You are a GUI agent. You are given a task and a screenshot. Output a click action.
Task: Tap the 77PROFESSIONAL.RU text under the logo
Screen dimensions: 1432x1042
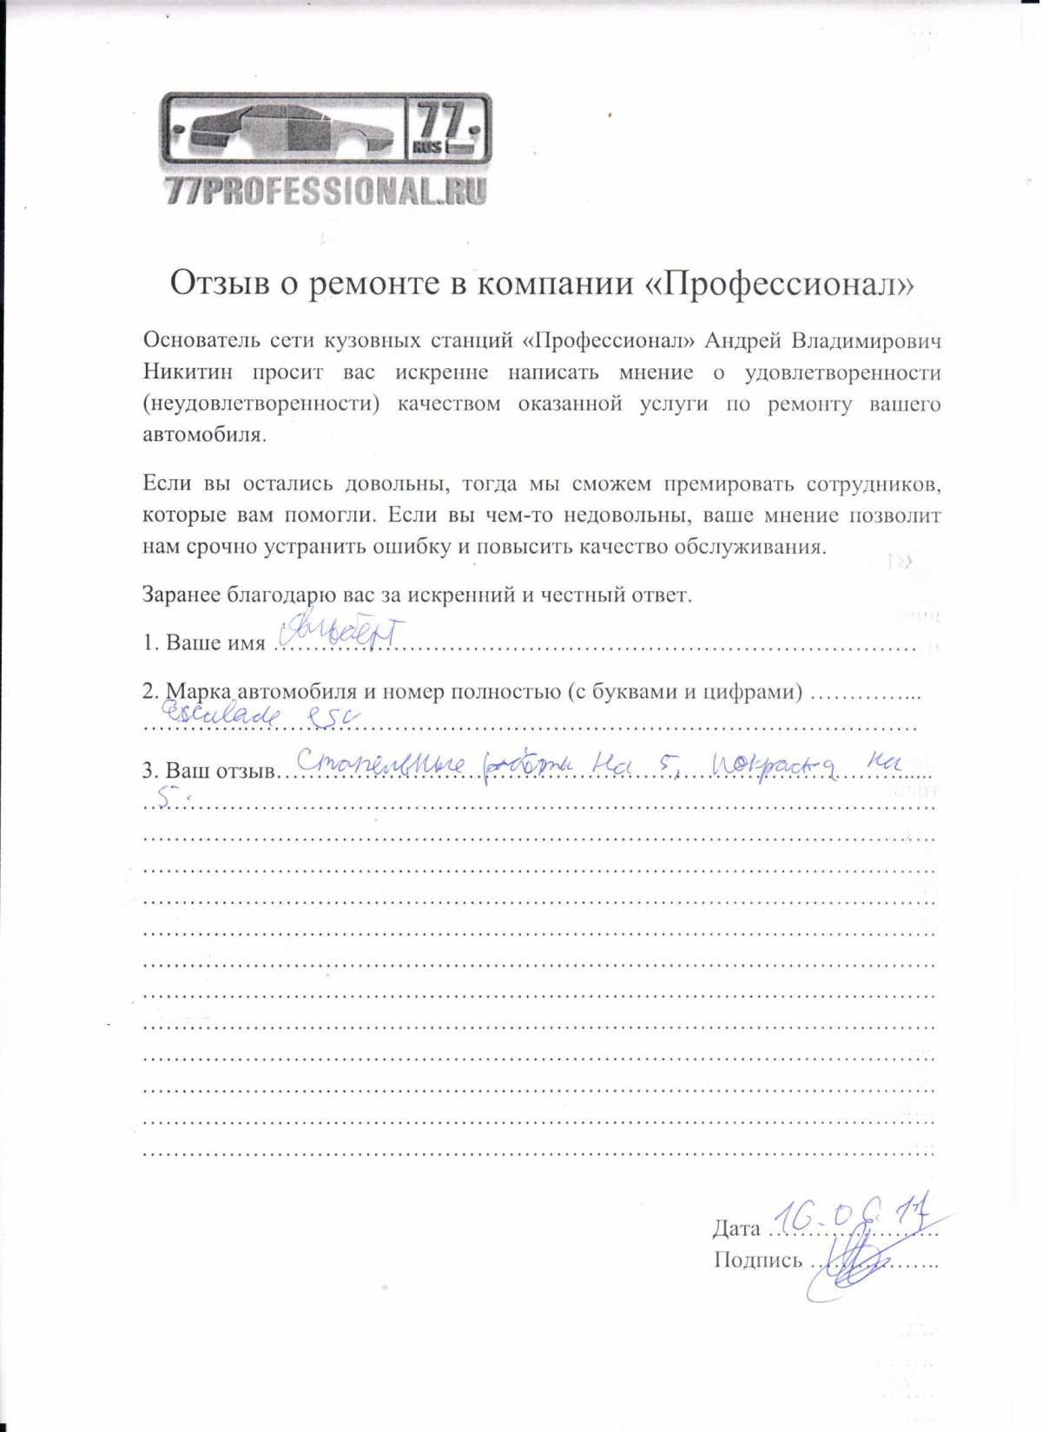click(326, 191)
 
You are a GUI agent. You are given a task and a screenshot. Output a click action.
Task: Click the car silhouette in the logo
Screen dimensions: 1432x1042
click(287, 132)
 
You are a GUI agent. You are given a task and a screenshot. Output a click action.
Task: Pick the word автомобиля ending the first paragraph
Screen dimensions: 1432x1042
click(201, 435)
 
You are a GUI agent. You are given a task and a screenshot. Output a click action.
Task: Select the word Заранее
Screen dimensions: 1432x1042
click(181, 595)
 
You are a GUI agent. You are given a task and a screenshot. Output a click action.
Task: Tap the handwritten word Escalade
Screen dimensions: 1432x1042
click(221, 714)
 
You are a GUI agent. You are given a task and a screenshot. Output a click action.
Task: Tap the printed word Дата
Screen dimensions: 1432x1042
click(736, 1228)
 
